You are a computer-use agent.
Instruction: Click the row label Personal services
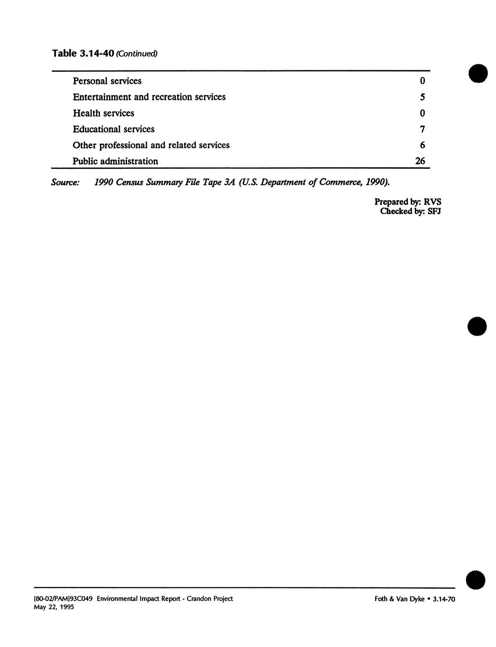(x=107, y=81)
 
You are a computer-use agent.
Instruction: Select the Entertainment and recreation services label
(x=149, y=97)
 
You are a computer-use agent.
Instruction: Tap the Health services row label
(x=103, y=113)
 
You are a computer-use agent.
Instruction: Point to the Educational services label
(x=113, y=129)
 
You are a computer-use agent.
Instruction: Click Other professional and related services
(x=151, y=145)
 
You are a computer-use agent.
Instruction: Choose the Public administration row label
(x=115, y=161)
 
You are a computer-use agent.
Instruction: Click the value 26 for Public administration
(x=420, y=161)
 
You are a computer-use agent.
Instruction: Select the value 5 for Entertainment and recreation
(x=422, y=97)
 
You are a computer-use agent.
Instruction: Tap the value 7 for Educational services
(x=422, y=129)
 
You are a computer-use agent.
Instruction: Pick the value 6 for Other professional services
(x=422, y=145)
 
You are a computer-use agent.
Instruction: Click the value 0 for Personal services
(x=422, y=81)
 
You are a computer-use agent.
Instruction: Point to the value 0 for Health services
(x=422, y=113)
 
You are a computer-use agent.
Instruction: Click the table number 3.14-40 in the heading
(x=96, y=53)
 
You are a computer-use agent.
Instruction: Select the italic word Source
(x=65, y=182)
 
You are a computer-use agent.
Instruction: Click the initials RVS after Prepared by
(x=432, y=202)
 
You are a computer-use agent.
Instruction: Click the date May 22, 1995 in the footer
(x=54, y=607)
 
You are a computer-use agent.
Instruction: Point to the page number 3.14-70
(x=444, y=599)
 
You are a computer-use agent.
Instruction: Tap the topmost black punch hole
(x=478, y=74)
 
